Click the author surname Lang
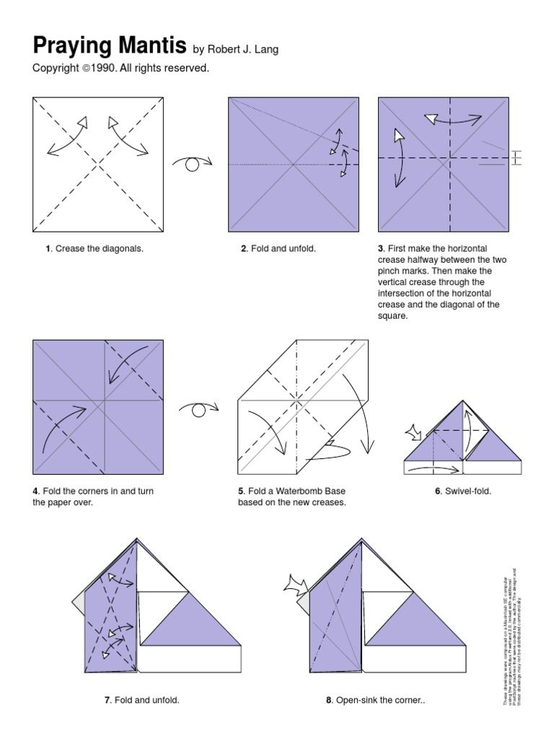(x=265, y=49)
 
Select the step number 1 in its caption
(x=48, y=249)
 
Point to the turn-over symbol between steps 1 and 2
(x=193, y=164)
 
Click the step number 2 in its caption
(x=244, y=249)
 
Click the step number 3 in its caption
(x=381, y=249)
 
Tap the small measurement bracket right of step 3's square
(x=515, y=157)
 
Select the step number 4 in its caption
(x=35, y=491)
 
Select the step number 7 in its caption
(x=107, y=700)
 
